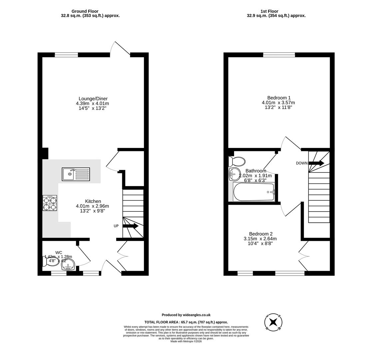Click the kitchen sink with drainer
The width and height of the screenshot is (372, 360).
coord(76,174)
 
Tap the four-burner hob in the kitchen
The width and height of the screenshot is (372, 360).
coord(50,203)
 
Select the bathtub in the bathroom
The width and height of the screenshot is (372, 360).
coord(254,192)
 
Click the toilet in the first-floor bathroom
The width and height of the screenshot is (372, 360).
coord(237,162)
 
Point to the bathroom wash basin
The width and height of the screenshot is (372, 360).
coord(234,174)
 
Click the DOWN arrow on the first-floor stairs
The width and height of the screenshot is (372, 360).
coord(316,163)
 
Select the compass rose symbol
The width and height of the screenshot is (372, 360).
coord(273,322)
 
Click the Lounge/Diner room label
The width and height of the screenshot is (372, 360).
coord(93,99)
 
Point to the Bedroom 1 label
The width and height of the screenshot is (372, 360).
coord(279,98)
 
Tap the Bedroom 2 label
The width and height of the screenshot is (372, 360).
coord(260,234)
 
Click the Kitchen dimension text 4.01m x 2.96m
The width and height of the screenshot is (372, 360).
coord(92,206)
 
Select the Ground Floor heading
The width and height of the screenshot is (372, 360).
coord(85,11)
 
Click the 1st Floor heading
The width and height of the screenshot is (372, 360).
coord(269,11)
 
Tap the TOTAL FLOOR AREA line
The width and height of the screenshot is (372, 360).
coord(186,322)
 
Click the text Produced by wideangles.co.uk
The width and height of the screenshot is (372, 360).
coord(186,315)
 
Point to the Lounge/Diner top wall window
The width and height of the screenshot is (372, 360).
coord(66,55)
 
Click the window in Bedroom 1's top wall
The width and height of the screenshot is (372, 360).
coord(279,55)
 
